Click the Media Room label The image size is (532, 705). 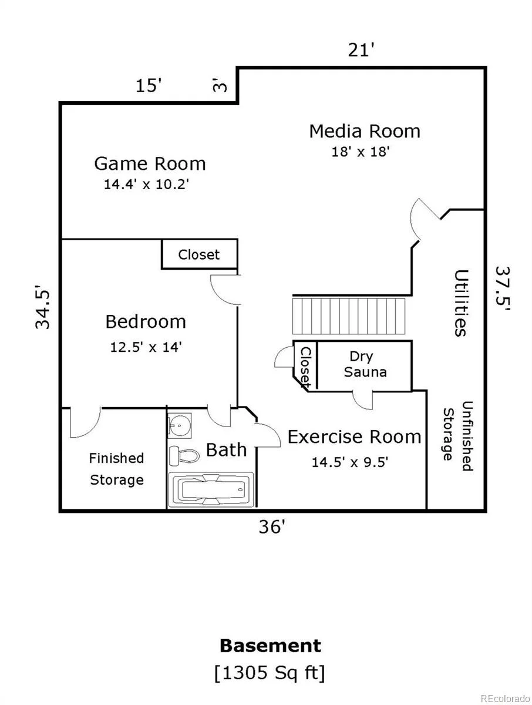[x=365, y=131]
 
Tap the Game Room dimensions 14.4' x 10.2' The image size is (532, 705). [x=146, y=184]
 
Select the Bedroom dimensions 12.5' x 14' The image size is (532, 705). [x=146, y=347]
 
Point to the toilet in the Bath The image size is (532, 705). [x=184, y=455]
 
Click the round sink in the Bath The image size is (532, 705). [x=179, y=425]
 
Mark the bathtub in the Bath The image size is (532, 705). [x=211, y=490]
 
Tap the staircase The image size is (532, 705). [x=349, y=316]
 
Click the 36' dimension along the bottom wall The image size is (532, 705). [x=272, y=527]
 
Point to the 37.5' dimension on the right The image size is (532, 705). [x=503, y=288]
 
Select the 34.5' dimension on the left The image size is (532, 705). [x=43, y=307]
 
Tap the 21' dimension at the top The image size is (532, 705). [x=361, y=50]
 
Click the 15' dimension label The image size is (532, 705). [x=148, y=86]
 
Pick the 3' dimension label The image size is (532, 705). [x=220, y=85]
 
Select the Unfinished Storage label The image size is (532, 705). [x=458, y=436]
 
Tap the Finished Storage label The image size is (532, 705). [x=116, y=469]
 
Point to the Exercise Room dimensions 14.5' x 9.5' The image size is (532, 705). [x=350, y=462]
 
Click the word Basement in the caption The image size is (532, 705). [x=271, y=646]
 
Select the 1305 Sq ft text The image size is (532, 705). [x=270, y=673]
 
